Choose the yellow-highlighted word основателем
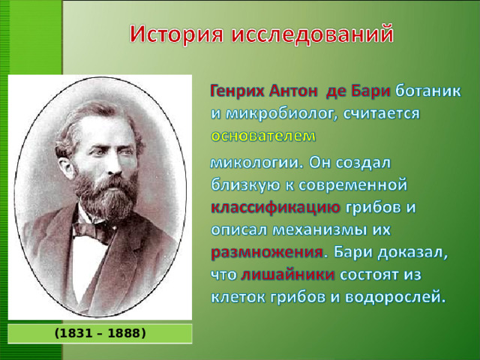point(264,136)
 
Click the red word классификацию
point(276,205)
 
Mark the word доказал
point(416,250)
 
